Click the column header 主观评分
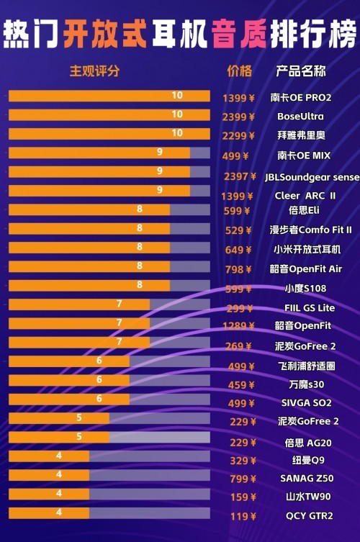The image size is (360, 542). tap(94, 71)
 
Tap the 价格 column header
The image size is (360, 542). tap(239, 71)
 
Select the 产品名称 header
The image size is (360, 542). tap(301, 71)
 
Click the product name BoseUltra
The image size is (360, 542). tap(300, 116)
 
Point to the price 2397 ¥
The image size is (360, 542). tap(239, 176)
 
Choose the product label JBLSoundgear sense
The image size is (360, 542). tap(312, 176)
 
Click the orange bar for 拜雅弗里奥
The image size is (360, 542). tap(109, 134)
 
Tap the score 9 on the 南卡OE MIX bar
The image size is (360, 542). tap(160, 153)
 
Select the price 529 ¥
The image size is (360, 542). tap(238, 230)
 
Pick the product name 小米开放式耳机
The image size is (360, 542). tap(307, 250)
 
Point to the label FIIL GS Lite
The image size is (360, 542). tap(310, 308)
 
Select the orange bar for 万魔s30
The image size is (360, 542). tap(69, 380)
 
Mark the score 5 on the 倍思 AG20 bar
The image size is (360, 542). tap(79, 436)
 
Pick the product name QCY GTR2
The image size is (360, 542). tap(309, 516)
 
